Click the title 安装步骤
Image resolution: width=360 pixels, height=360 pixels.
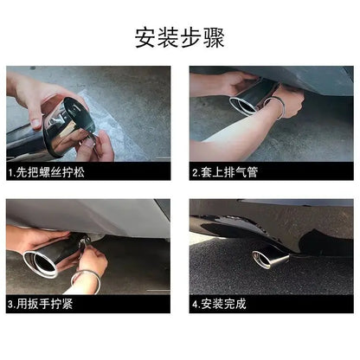pyautogui.click(x=179, y=38)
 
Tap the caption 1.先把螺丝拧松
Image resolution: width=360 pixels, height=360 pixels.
pyautogui.click(x=46, y=172)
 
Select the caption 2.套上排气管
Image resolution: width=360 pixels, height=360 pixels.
pyautogui.click(x=225, y=172)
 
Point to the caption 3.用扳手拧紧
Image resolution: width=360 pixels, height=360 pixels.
pyautogui.click(x=41, y=304)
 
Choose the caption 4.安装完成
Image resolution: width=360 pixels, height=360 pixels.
pyautogui.click(x=219, y=304)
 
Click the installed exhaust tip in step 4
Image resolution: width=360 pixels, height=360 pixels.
pyautogui.click(x=270, y=259)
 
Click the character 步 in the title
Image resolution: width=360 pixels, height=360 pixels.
pyautogui.click(x=190, y=38)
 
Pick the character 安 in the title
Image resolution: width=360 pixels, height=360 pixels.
pyautogui.click(x=145, y=38)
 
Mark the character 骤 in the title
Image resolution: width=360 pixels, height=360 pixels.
pyautogui.click(x=214, y=38)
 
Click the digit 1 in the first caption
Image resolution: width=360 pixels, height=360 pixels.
pyautogui.click(x=10, y=173)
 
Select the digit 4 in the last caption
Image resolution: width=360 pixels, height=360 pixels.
pyautogui.click(x=195, y=305)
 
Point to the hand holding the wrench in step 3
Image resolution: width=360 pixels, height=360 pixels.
pyautogui.click(x=93, y=257)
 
